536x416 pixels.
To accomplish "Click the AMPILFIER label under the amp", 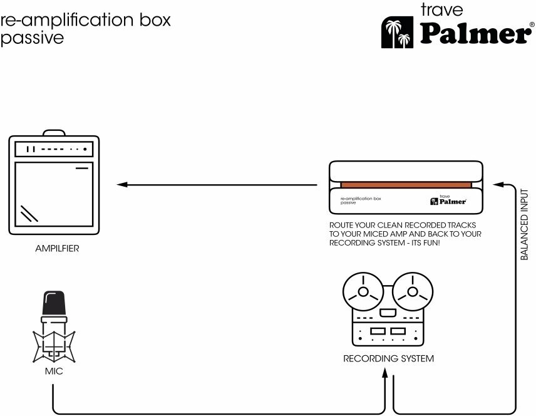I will click(57, 249).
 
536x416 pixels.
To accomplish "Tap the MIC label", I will click(54, 372).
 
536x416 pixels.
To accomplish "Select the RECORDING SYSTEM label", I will click(388, 359).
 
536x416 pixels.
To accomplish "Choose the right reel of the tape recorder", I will click(412, 292).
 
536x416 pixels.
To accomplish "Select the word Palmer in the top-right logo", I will click(474, 34).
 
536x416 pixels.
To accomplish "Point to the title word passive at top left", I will click(32, 37).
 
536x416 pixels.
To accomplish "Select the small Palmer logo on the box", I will click(445, 200).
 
